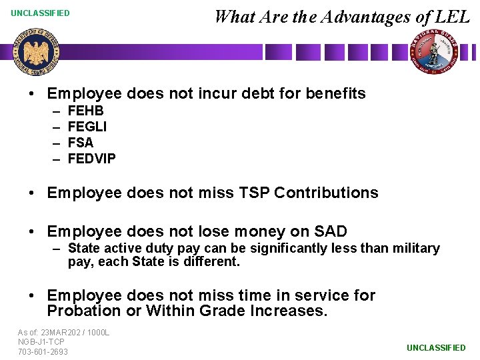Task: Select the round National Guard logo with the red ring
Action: [x=434, y=52]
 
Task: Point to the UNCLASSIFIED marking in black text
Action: [x=40, y=13]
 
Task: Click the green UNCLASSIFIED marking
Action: [x=436, y=348]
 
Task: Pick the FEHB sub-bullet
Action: [x=86, y=111]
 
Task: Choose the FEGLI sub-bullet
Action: [x=87, y=127]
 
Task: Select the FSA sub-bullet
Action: [x=81, y=143]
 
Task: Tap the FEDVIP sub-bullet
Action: [x=92, y=159]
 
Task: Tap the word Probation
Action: [x=81, y=311]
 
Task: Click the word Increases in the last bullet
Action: [x=291, y=311]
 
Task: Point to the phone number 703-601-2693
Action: [x=43, y=352]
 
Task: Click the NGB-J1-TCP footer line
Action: [x=41, y=342]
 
